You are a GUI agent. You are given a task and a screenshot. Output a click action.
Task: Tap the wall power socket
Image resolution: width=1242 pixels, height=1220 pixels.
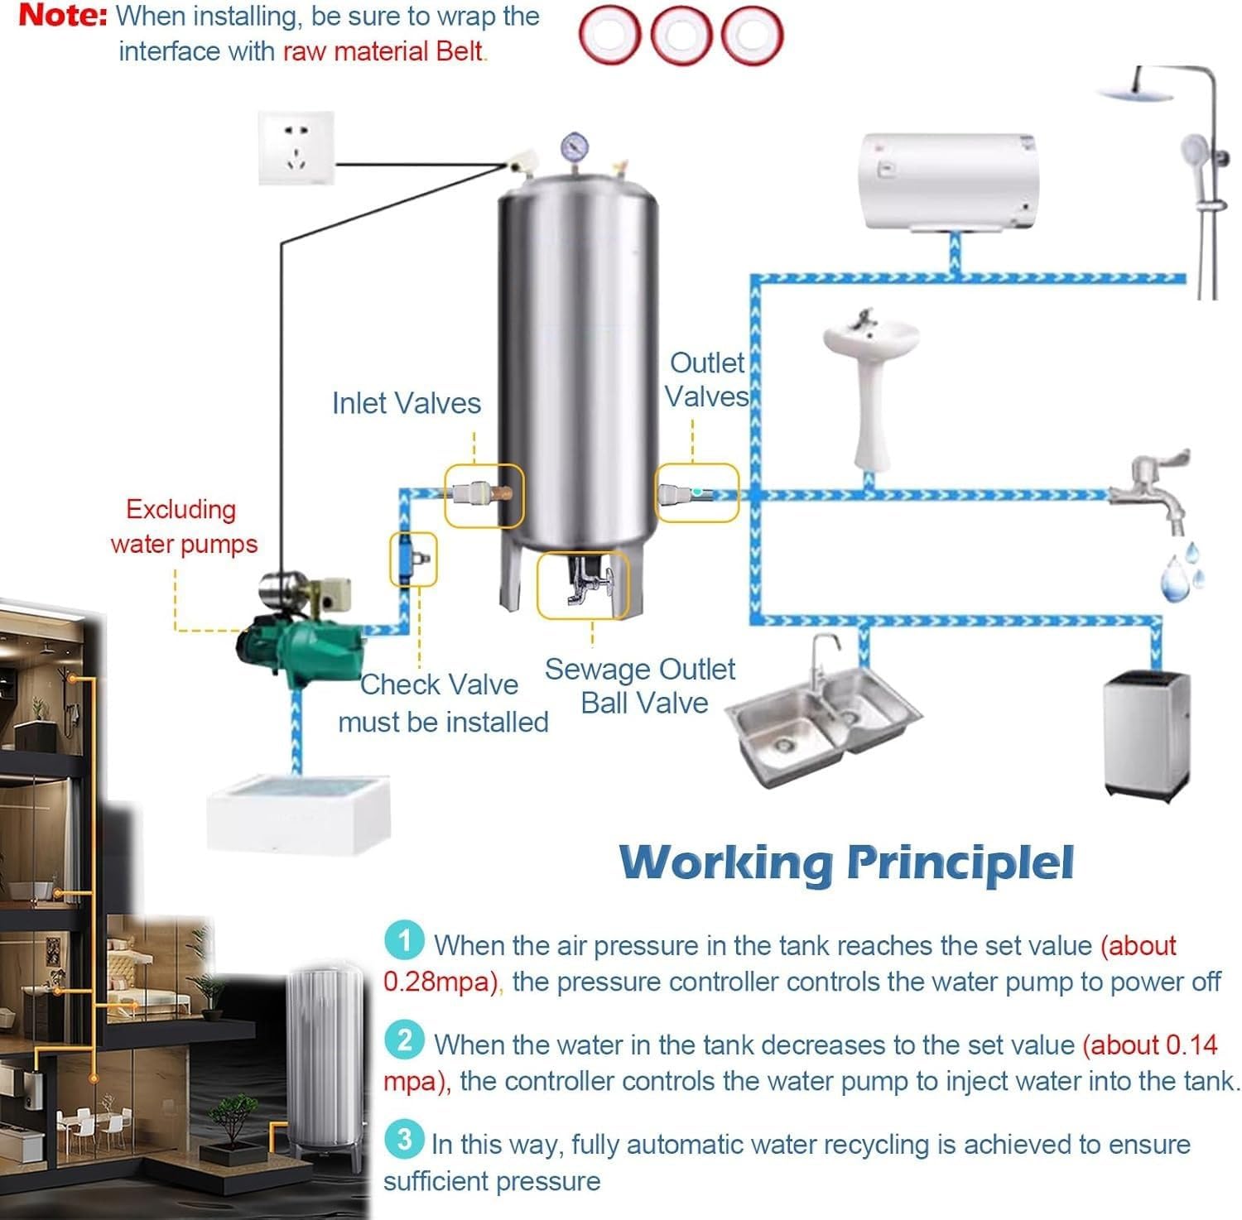click(x=296, y=149)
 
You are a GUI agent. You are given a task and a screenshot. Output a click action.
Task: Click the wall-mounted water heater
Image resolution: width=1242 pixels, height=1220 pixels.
click(x=946, y=182)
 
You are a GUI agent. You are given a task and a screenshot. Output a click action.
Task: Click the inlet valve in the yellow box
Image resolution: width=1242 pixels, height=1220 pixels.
click(x=483, y=495)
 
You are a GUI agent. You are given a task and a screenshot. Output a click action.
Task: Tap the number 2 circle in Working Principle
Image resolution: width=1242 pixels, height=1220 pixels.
click(x=404, y=1040)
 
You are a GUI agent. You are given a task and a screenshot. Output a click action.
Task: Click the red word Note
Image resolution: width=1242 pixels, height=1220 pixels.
click(x=63, y=16)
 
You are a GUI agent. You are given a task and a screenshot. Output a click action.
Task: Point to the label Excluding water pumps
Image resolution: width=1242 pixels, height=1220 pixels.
click(x=183, y=526)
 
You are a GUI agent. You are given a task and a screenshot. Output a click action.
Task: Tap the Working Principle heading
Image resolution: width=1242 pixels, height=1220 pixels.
click(x=847, y=862)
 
